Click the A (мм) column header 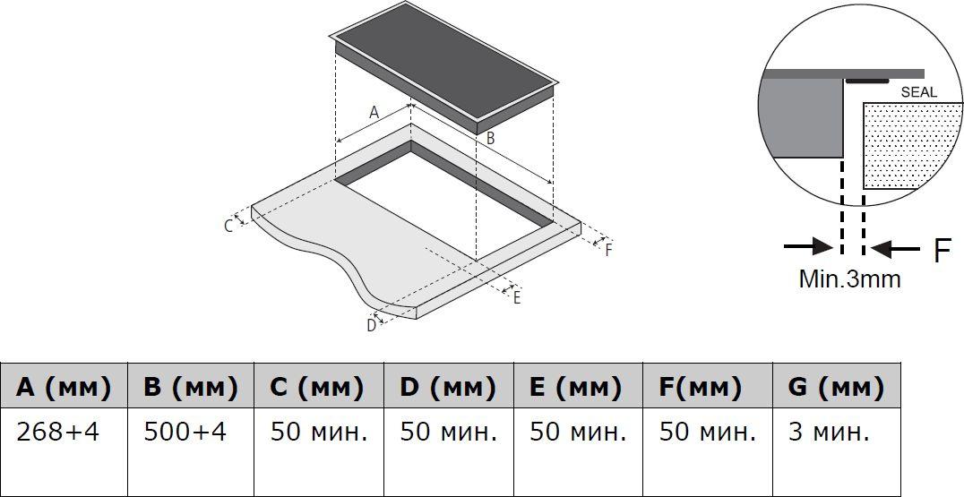pyautogui.click(x=64, y=387)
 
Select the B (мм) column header pyautogui.click(x=191, y=387)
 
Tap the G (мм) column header pyautogui.click(x=836, y=387)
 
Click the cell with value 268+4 pyautogui.click(x=57, y=433)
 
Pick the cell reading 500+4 pyautogui.click(x=185, y=433)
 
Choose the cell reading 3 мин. pyautogui.click(x=830, y=433)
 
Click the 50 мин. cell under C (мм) pyautogui.click(x=318, y=433)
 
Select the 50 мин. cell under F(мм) pyautogui.click(x=707, y=433)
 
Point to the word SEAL pyautogui.click(x=919, y=93)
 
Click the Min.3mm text pyautogui.click(x=849, y=278)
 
